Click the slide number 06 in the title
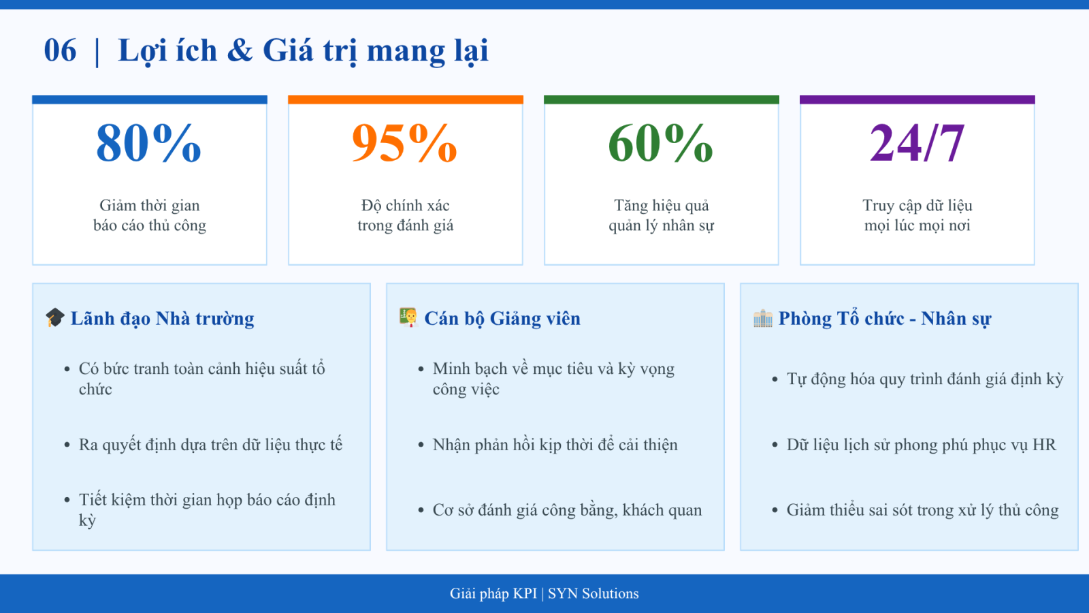[60, 50]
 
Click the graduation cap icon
[55, 317]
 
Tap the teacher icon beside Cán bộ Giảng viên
[408, 317]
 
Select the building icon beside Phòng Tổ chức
[763, 318]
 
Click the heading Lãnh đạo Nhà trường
[163, 319]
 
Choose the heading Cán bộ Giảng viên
[502, 319]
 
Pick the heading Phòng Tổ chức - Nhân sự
[885, 319]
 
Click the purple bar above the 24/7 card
[917, 99]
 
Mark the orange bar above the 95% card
[406, 99]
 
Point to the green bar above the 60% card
[661, 99]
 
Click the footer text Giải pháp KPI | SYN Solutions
[544, 593]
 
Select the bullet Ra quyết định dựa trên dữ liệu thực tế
[210, 445]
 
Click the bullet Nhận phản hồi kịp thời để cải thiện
[555, 445]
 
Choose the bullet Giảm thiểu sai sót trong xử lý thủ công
[923, 510]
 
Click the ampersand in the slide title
[240, 50]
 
